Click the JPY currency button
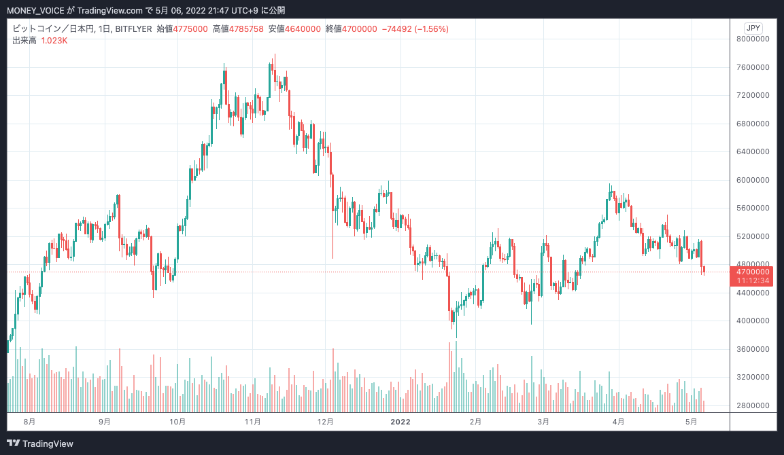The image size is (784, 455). [753, 28]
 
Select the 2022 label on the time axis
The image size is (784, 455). [400, 422]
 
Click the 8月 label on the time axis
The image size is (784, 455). [29, 422]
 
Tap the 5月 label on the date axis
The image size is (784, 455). [692, 422]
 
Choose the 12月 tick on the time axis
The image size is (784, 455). [326, 422]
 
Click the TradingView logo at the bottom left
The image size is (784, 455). [41, 443]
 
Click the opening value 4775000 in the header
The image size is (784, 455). [190, 29]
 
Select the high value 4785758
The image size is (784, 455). [246, 29]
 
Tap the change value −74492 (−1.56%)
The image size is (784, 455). [415, 29]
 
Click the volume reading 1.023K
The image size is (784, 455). [54, 41]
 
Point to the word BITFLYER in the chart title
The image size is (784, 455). [133, 29]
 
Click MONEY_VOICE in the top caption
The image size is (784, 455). [35, 10]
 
